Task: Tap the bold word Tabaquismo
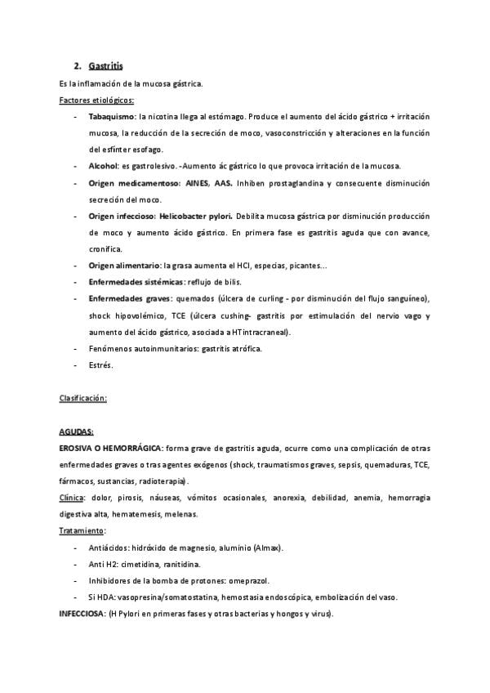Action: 112,117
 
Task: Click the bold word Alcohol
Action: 104,166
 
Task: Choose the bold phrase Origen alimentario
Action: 124,266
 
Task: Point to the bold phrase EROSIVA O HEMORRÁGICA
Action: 111,448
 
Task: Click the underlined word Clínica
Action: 72,497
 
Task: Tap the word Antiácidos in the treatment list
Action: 109,548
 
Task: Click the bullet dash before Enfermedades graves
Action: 76,298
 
